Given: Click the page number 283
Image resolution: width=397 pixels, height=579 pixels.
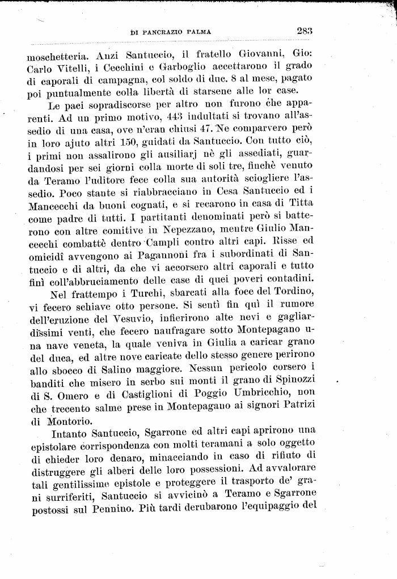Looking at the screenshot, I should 305,32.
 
